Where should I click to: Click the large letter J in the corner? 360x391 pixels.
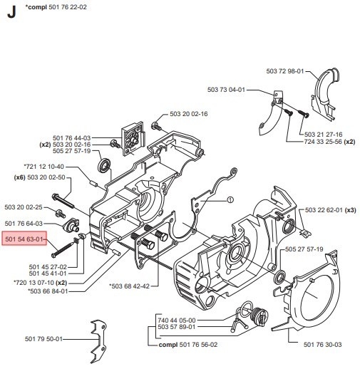[x=10, y=12]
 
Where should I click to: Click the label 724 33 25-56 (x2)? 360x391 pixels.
[x=329, y=142]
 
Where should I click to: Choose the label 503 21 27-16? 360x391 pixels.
[x=323, y=134]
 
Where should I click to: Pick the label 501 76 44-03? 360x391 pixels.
[x=71, y=137]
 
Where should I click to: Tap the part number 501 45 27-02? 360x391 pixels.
[x=48, y=266]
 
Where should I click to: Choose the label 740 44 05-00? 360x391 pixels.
[x=175, y=320]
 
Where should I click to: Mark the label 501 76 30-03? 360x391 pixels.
[x=323, y=345]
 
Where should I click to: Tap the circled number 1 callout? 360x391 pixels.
[x=230, y=202]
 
